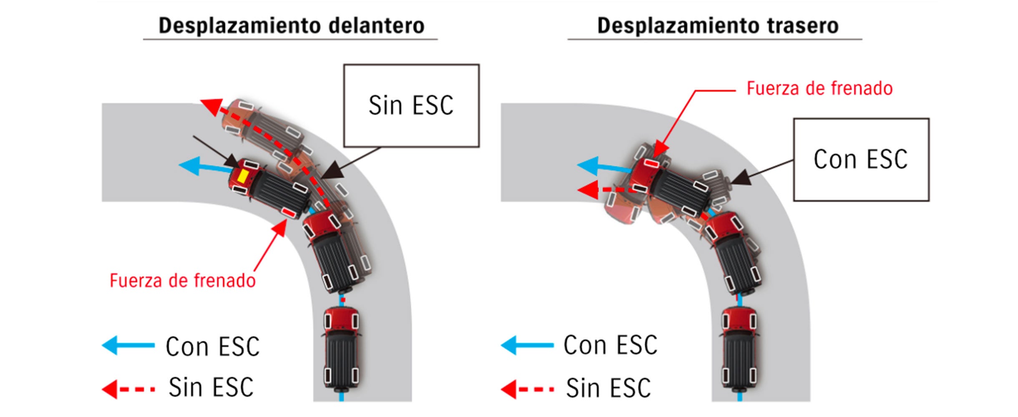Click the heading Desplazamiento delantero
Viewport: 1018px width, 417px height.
[291, 26]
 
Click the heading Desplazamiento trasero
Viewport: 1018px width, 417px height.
[718, 26]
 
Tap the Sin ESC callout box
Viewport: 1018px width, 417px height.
[411, 106]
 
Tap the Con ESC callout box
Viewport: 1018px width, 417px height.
[861, 160]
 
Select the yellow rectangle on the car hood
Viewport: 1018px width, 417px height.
[242, 176]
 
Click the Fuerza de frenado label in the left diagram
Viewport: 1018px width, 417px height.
[182, 281]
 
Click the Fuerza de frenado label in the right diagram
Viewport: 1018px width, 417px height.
[819, 88]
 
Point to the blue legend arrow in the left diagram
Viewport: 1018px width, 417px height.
[128, 345]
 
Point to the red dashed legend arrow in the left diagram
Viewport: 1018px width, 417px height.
[128, 389]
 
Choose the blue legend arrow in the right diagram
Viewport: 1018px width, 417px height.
[527, 345]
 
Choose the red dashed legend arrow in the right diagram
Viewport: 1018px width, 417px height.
[527, 389]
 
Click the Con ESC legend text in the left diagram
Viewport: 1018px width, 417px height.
[212, 347]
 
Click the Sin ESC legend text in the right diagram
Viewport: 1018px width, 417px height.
[608, 388]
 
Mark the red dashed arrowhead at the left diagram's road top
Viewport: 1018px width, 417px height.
[212, 107]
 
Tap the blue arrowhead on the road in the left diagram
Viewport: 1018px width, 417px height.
[189, 165]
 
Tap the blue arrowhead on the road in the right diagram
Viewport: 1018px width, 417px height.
[587, 166]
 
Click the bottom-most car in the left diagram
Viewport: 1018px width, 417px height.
[342, 349]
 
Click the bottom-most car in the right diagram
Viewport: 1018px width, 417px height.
[739, 349]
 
